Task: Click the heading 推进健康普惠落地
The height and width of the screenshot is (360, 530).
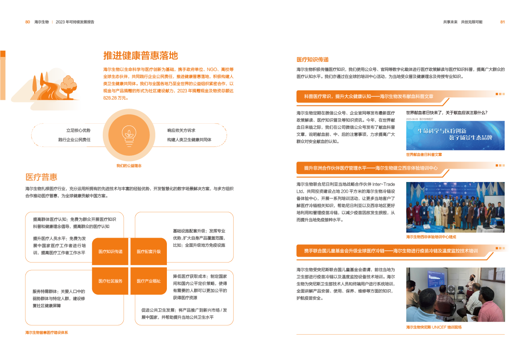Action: click(141, 56)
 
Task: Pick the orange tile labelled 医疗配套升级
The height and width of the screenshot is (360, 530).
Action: click(149, 251)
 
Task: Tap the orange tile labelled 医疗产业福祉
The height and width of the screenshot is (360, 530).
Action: click(149, 281)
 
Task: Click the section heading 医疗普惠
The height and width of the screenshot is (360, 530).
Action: click(41, 177)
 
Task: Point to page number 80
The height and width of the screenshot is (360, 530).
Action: click(27, 21)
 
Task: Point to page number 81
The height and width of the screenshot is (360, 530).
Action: click(502, 21)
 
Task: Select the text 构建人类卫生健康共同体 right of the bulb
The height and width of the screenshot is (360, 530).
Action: click(189, 139)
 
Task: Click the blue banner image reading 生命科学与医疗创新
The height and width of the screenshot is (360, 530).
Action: click(455, 135)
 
